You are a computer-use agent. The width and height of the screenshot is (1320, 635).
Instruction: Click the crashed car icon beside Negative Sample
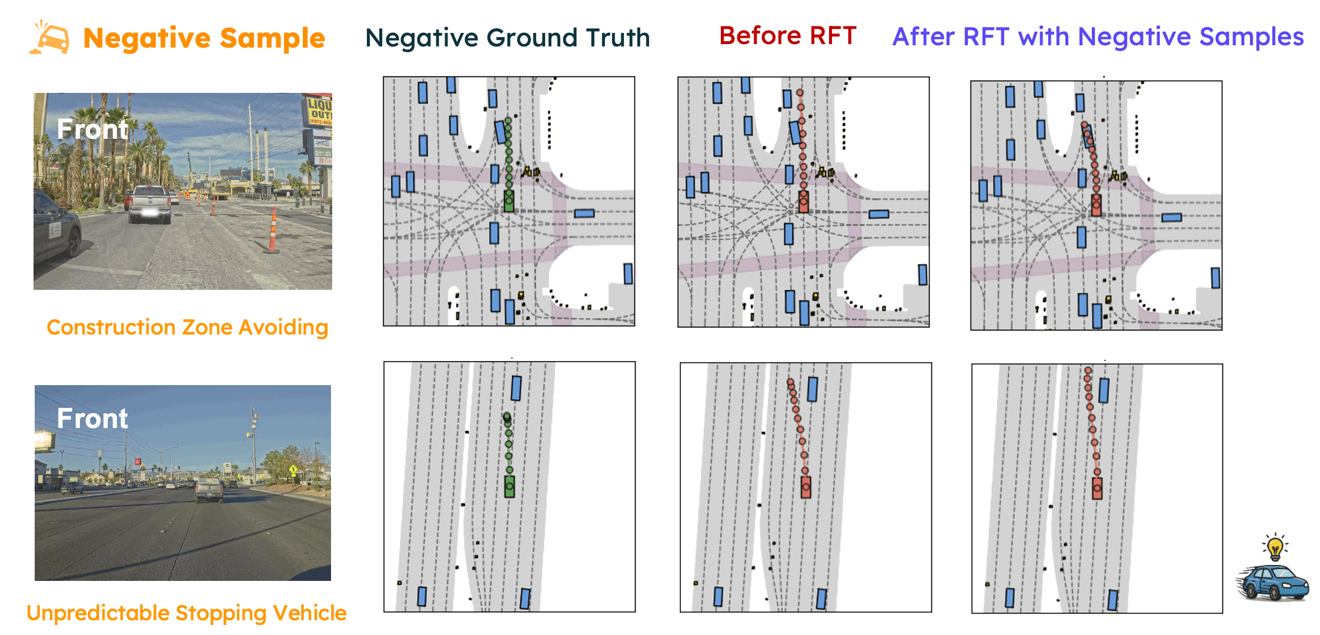pyautogui.click(x=51, y=39)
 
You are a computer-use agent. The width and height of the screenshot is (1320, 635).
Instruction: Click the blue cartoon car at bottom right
pyautogui.click(x=1273, y=582)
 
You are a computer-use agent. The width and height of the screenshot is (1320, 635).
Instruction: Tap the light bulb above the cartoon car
pyautogui.click(x=1275, y=547)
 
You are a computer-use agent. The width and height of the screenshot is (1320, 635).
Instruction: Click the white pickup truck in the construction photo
pyautogui.click(x=149, y=204)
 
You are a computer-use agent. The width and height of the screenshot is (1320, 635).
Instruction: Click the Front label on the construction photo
pyautogui.click(x=92, y=129)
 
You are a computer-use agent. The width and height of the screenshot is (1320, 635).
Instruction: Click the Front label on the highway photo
pyautogui.click(x=92, y=419)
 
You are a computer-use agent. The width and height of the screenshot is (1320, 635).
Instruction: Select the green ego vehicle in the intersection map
pyautogui.click(x=509, y=201)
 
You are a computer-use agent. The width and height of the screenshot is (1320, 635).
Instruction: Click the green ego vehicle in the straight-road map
pyautogui.click(x=510, y=486)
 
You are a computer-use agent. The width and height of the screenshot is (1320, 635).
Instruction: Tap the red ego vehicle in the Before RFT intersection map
pyautogui.click(x=804, y=202)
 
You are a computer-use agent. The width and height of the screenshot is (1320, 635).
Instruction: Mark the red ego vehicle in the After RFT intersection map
pyautogui.click(x=1096, y=205)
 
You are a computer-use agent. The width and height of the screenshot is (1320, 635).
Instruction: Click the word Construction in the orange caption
pyautogui.click(x=110, y=327)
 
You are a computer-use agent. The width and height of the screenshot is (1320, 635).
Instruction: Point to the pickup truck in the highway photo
pyautogui.click(x=209, y=490)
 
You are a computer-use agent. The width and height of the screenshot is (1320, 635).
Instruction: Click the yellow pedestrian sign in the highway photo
pyautogui.click(x=293, y=470)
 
